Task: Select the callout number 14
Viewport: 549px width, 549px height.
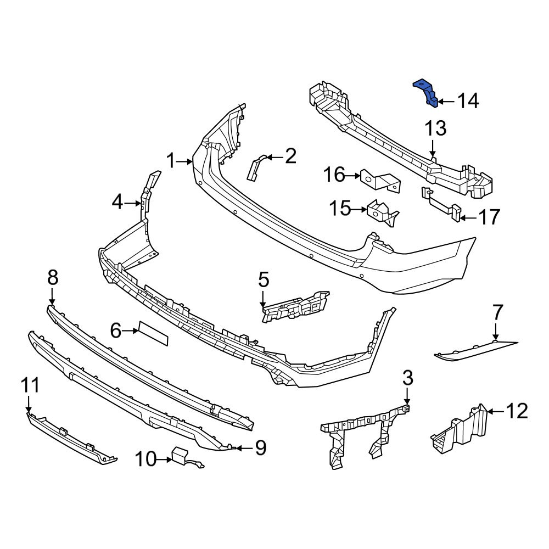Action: click(x=468, y=101)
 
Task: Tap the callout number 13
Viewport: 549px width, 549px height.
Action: click(x=435, y=130)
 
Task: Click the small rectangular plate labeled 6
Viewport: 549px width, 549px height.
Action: click(x=153, y=333)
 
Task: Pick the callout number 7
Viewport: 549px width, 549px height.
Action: click(x=497, y=314)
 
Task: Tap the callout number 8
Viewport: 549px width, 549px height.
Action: click(x=52, y=278)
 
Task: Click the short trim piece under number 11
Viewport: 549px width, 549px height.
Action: click(x=71, y=440)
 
